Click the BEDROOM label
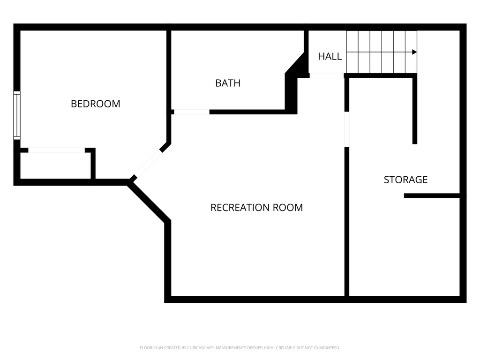coord(95,104)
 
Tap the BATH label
coord(228,83)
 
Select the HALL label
coord(330,56)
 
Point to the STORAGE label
coord(405,180)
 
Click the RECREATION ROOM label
coord(256,207)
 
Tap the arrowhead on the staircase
coord(414,52)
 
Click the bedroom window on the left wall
coord(17,115)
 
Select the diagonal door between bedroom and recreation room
coord(148,163)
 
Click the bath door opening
coord(191,112)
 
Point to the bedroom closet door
coord(56,150)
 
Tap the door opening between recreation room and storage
coord(347,129)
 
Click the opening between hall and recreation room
coord(327,75)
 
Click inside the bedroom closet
coord(55,165)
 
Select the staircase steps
coord(381,52)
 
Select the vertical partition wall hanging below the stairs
coord(415,110)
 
